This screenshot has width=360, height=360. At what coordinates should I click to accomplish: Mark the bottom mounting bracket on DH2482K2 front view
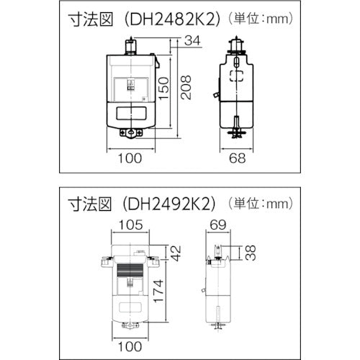(x=130, y=133)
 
